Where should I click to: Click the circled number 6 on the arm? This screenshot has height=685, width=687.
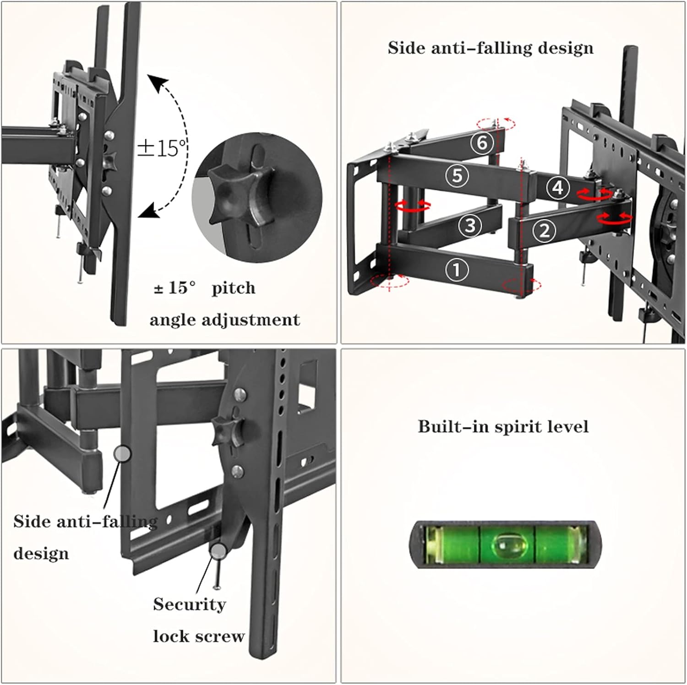point(482,143)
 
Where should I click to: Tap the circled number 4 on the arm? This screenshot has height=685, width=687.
point(558,188)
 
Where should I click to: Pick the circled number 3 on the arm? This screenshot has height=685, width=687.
point(470,225)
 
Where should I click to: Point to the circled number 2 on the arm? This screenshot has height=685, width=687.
point(544,230)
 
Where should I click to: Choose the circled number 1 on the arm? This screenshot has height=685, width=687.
point(456,270)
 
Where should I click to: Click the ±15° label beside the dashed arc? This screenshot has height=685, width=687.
point(163,147)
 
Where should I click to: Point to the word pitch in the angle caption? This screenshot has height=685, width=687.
point(234,288)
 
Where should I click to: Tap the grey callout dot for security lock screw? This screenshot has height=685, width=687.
point(218,551)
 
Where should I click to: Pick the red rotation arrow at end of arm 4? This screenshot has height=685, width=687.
point(594,194)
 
